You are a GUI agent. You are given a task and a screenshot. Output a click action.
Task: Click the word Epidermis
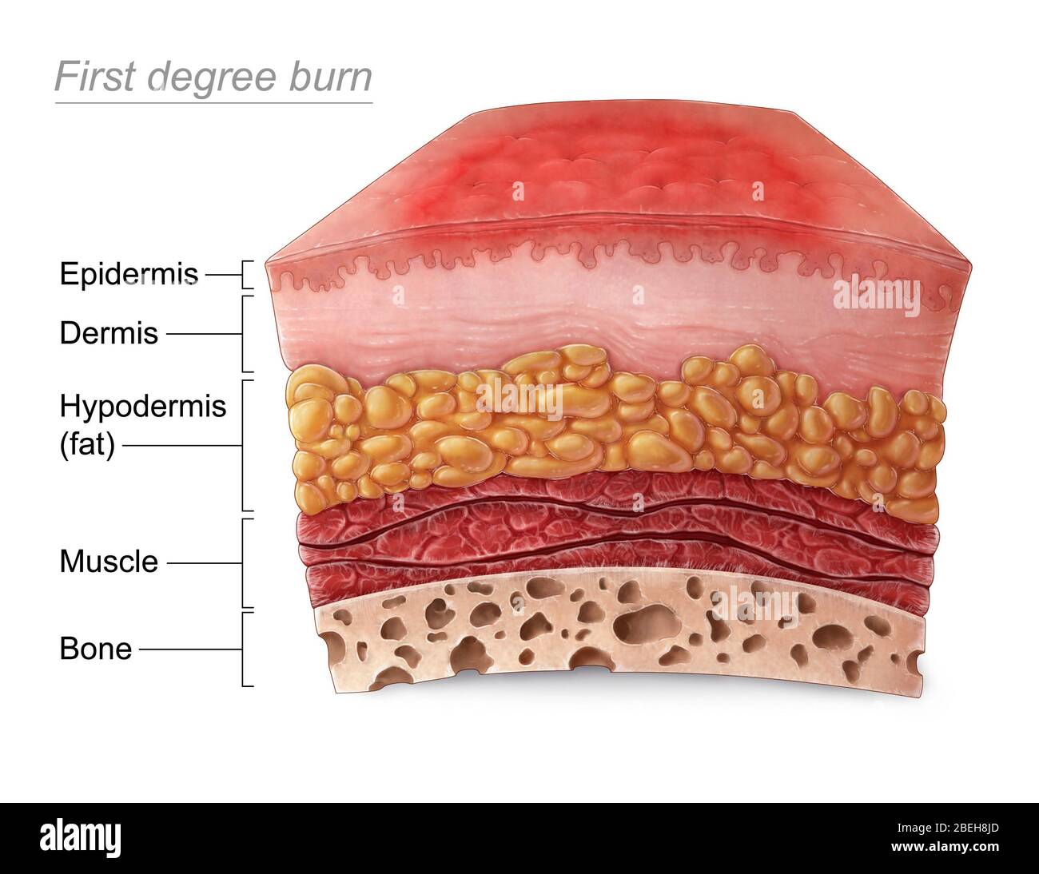[129, 273]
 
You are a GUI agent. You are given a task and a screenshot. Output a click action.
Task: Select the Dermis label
[109, 333]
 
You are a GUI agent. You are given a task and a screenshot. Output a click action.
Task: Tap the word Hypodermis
[143, 407]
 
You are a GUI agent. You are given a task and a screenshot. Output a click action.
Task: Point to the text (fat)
[87, 444]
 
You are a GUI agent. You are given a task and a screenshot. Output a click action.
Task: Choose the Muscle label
[109, 562]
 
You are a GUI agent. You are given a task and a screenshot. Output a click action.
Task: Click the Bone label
[96, 650]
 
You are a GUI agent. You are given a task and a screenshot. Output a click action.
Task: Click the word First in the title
[95, 77]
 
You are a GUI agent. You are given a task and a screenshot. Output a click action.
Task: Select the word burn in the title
[330, 77]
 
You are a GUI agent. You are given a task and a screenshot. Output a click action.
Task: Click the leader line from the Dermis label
[204, 334]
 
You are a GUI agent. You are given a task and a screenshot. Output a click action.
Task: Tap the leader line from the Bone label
[190, 650]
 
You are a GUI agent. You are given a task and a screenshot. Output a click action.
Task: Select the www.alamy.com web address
[945, 847]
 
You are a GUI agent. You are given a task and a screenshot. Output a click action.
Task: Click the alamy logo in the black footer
[80, 838]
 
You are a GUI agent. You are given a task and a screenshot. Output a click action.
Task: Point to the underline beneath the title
[213, 103]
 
